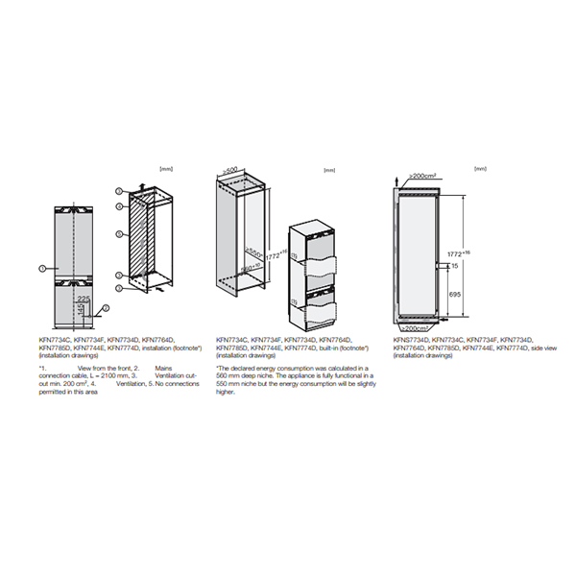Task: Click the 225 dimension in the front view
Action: [84, 300]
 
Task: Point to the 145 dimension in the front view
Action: [81, 314]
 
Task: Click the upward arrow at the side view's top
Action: [399, 180]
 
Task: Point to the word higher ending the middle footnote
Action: [227, 391]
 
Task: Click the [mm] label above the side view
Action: [479, 170]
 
